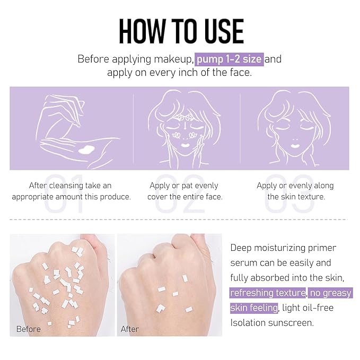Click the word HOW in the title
click(142, 31)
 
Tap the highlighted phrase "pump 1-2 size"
click(229, 59)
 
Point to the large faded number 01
click(64, 194)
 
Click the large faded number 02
click(180, 194)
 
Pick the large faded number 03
click(289, 194)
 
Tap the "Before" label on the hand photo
click(29, 329)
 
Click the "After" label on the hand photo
click(130, 329)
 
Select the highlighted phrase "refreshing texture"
click(268, 293)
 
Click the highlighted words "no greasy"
click(330, 293)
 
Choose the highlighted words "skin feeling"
click(254, 308)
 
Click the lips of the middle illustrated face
click(186, 145)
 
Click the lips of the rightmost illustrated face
click(295, 146)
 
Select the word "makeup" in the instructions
click(173, 59)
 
